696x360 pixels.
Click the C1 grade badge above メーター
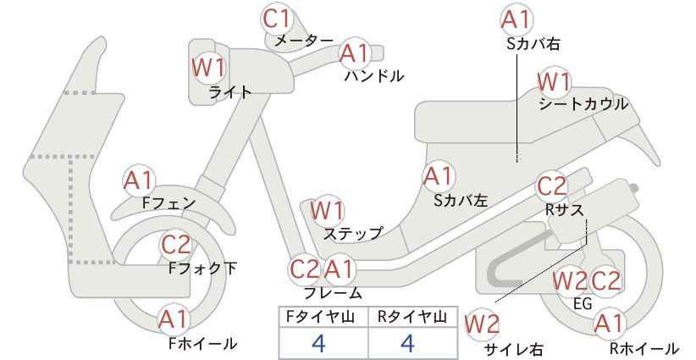(277, 19)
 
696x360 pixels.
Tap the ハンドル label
(374, 76)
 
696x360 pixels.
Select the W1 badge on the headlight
(209, 68)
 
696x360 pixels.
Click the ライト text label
(230, 92)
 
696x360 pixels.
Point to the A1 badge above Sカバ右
(516, 20)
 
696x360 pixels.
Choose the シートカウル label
(583, 104)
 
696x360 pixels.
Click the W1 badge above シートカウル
(554, 81)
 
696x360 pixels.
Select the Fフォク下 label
(203, 269)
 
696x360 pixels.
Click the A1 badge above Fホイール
(174, 319)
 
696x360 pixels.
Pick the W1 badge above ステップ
(328, 210)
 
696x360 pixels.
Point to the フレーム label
(333, 293)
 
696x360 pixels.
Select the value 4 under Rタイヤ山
(407, 343)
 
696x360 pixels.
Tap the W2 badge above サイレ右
(482, 325)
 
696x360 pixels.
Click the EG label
(583, 304)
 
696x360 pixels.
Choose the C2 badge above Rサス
(552, 186)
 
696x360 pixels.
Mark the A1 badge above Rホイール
(610, 324)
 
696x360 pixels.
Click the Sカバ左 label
(461, 201)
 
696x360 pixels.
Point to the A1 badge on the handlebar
(355, 53)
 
